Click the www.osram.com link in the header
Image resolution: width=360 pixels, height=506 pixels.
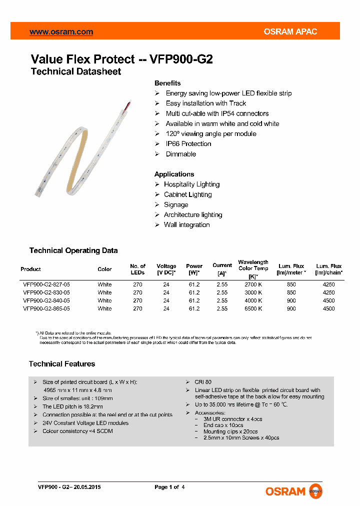[x=61, y=32]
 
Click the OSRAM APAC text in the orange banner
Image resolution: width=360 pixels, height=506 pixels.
[x=290, y=32]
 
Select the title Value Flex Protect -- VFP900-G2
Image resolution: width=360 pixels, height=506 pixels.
[x=121, y=59]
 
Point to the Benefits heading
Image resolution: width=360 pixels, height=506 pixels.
[x=167, y=83]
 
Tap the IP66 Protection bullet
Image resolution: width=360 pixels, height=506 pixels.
[x=188, y=144]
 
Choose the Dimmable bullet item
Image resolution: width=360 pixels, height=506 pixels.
[x=180, y=154]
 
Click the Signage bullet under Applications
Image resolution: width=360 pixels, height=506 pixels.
[x=176, y=204]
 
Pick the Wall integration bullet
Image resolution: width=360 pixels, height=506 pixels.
[x=186, y=225]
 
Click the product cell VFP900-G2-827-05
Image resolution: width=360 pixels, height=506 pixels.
[x=46, y=284]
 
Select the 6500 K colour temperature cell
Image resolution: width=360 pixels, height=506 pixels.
[x=253, y=308]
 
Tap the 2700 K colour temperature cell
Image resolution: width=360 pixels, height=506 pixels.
[x=253, y=284]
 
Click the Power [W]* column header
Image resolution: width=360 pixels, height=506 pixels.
[x=194, y=269]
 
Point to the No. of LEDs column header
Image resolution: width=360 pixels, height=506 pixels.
[x=137, y=269]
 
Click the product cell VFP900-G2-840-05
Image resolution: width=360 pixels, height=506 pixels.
[x=46, y=300]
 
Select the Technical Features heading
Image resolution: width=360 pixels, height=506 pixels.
[x=62, y=364]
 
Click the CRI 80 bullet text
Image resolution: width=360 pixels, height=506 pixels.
[x=203, y=382]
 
